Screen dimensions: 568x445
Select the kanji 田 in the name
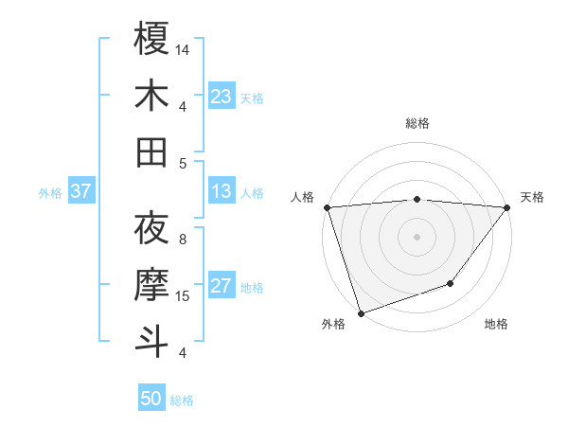pyautogui.click(x=151, y=151)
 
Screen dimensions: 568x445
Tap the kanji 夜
pyautogui.click(x=151, y=228)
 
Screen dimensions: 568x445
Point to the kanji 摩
pyautogui.click(x=151, y=284)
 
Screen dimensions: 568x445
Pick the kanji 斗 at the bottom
pyautogui.click(x=151, y=341)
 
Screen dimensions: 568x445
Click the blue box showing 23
pyautogui.click(x=222, y=97)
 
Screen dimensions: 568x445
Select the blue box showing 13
pyautogui.click(x=222, y=192)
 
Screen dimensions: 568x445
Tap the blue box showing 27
pyautogui.click(x=222, y=287)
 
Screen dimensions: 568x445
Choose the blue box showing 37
pyautogui.click(x=81, y=192)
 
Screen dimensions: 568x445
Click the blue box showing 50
pyautogui.click(x=151, y=399)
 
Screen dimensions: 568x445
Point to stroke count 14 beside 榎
pyautogui.click(x=183, y=49)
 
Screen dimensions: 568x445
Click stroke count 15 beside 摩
pyautogui.click(x=183, y=296)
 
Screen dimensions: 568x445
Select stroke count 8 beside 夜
pyautogui.click(x=183, y=240)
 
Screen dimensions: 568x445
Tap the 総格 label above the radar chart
pyautogui.click(x=417, y=123)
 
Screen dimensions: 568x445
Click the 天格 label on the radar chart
pyautogui.click(x=532, y=197)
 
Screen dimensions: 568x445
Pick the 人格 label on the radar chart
pyautogui.click(x=303, y=197)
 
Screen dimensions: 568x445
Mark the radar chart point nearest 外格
pyautogui.click(x=361, y=312)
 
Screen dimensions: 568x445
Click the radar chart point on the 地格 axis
pyautogui.click(x=452, y=283)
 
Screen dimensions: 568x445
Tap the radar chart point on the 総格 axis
pyautogui.click(x=417, y=199)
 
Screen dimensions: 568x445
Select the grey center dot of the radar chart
pyautogui.click(x=417, y=236)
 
